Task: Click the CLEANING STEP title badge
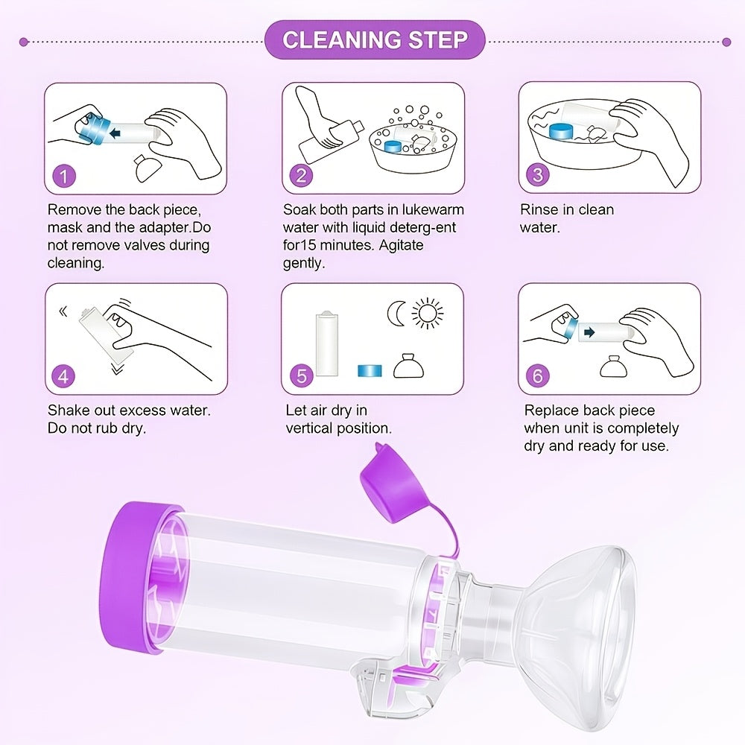(375, 40)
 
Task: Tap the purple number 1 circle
(63, 177)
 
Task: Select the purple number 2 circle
(301, 176)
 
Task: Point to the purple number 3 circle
(538, 174)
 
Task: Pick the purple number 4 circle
(63, 377)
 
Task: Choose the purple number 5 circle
(302, 375)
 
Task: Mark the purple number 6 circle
(538, 375)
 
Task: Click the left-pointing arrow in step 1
(115, 133)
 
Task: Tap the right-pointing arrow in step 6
(589, 332)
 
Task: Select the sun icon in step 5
(427, 313)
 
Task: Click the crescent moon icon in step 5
(396, 314)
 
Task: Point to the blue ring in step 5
(370, 370)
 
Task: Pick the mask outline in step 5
(408, 367)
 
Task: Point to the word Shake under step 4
(69, 410)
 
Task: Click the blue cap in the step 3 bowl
(562, 132)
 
